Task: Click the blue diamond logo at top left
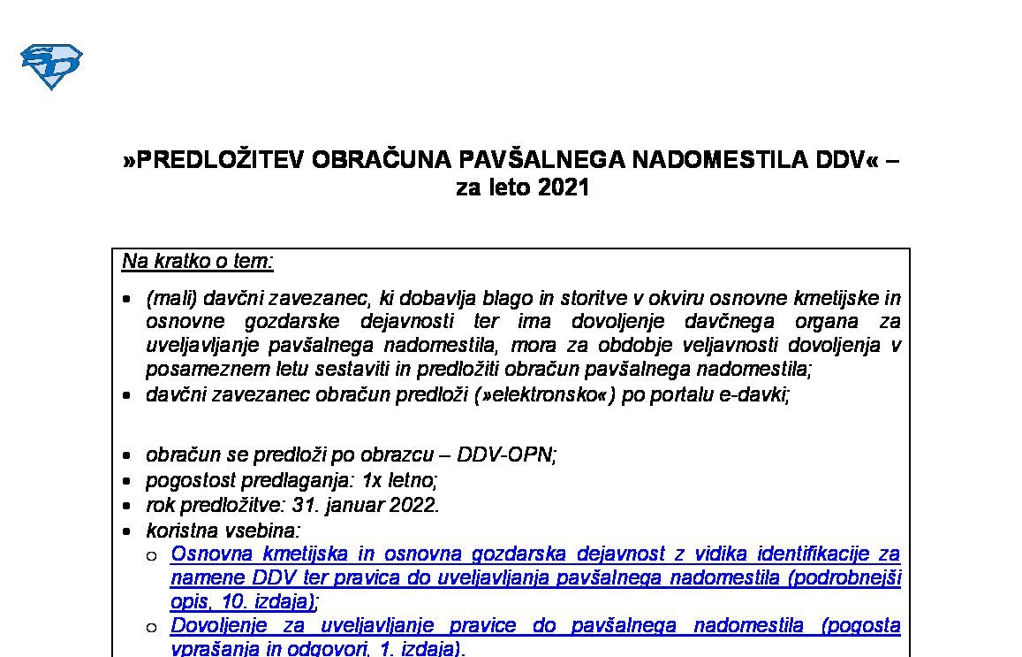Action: (x=51, y=66)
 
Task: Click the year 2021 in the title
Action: (x=562, y=187)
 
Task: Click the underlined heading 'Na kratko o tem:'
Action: (x=198, y=261)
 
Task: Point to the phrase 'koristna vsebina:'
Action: (x=223, y=531)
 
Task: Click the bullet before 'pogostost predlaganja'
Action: (x=129, y=482)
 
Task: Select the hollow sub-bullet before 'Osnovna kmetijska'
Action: (x=152, y=556)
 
